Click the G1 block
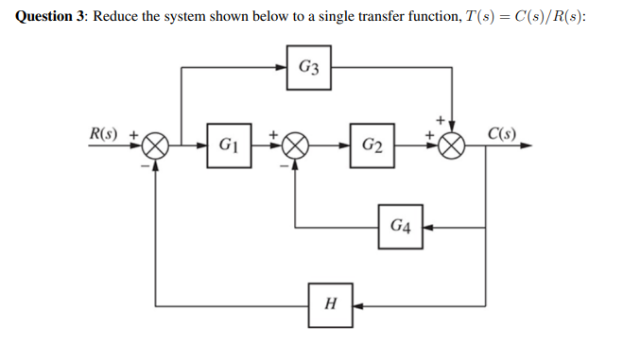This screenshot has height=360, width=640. click(x=228, y=146)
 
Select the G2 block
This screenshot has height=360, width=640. click(x=372, y=146)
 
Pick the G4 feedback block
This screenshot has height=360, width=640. click(x=401, y=227)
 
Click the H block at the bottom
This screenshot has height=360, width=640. click(x=330, y=304)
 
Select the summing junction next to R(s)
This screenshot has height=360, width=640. click(x=156, y=146)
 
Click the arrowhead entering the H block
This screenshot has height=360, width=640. click(x=359, y=305)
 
